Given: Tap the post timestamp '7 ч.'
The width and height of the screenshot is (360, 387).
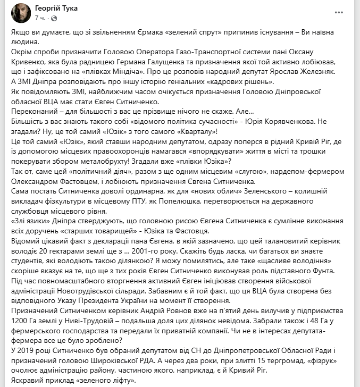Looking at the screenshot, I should coord(39,18).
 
